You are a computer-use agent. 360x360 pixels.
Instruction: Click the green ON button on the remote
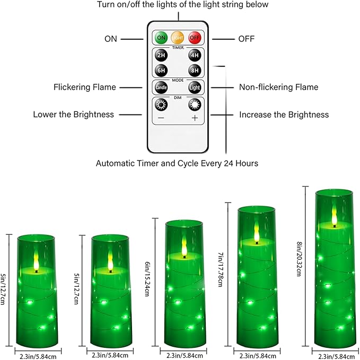click(161, 38)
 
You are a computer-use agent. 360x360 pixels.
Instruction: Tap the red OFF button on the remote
click(195, 38)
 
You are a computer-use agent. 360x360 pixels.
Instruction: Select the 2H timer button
click(161, 56)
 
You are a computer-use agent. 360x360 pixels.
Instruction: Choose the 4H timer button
click(195, 56)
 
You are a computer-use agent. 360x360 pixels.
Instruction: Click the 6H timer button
click(161, 71)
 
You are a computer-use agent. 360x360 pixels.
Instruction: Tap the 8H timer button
click(195, 71)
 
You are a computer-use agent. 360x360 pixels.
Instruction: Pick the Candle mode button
click(161, 87)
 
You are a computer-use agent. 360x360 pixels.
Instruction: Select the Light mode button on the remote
click(195, 87)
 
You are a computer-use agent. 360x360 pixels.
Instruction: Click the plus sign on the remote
click(195, 118)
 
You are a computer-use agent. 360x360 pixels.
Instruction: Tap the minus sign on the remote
click(161, 118)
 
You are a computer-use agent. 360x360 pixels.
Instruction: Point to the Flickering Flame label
click(84, 87)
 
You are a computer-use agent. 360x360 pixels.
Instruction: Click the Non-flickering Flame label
click(278, 87)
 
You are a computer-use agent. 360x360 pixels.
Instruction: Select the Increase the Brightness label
click(284, 115)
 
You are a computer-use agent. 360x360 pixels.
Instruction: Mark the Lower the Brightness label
click(73, 115)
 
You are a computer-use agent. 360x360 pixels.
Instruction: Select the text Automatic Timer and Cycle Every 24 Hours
click(177, 163)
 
